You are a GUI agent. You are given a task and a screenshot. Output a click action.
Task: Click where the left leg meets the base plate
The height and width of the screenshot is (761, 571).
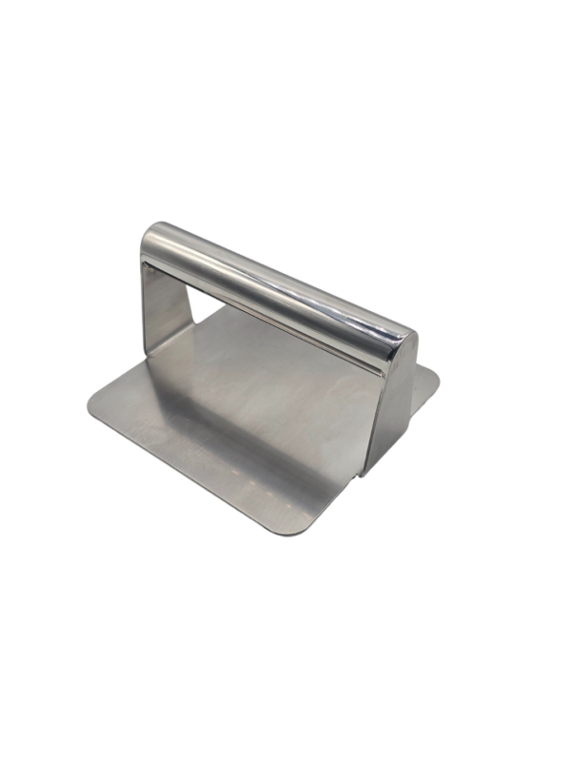(x=157, y=357)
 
